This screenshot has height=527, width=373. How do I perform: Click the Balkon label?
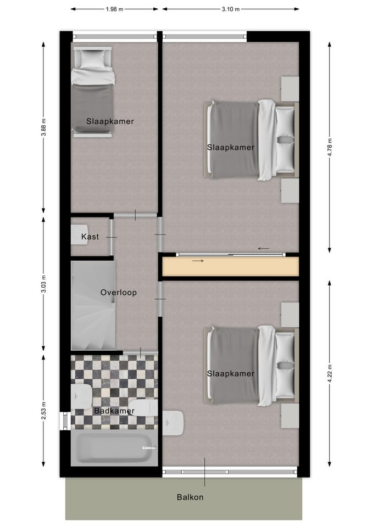point(190,497)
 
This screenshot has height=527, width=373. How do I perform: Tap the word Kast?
point(90,237)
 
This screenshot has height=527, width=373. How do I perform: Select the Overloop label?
point(118,293)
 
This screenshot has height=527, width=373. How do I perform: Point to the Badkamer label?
point(114,411)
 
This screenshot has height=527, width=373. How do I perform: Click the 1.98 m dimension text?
point(114,9)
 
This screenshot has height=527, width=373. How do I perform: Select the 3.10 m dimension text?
point(230,9)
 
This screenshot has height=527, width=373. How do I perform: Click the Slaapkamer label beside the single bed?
point(110,121)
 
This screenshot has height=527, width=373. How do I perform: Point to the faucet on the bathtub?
point(147,448)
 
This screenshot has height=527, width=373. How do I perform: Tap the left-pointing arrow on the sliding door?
point(264,249)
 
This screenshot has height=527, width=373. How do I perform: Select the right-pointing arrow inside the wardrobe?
point(198,261)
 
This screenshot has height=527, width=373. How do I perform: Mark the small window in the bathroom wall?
point(65,420)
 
